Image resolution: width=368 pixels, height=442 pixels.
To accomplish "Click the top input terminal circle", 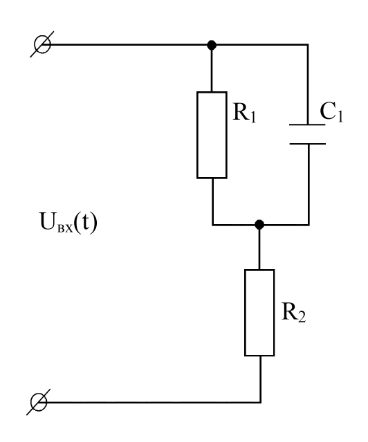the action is click(42, 44).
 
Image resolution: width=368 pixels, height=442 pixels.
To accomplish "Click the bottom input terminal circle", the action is click(39, 403).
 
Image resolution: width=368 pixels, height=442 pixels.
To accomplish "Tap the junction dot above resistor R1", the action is click(212, 45).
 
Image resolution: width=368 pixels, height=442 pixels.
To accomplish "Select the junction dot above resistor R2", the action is click(259, 225).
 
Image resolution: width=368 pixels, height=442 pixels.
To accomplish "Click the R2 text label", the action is click(293, 312).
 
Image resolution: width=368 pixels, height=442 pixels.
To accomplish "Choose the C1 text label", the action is click(331, 111).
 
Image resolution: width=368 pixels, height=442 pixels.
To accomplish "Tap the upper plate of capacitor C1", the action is click(307, 125).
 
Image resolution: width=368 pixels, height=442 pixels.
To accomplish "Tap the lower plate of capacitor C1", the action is click(308, 144).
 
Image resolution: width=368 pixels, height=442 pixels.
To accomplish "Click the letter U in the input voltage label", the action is click(48, 221).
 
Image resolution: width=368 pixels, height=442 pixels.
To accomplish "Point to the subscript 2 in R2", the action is click(302, 317).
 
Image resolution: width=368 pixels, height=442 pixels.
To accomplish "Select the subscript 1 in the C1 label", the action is click(340, 116).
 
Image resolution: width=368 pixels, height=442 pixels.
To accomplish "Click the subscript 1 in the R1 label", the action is click(252, 117).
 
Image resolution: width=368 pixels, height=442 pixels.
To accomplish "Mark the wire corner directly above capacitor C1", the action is click(308, 44).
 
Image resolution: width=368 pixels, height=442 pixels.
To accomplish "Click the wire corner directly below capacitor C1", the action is click(309, 225).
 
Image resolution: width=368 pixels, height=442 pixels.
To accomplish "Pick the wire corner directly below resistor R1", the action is click(212, 225).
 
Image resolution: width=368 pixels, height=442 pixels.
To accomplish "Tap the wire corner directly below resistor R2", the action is click(260, 402).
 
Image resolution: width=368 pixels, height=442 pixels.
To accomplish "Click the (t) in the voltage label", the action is click(86, 223).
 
